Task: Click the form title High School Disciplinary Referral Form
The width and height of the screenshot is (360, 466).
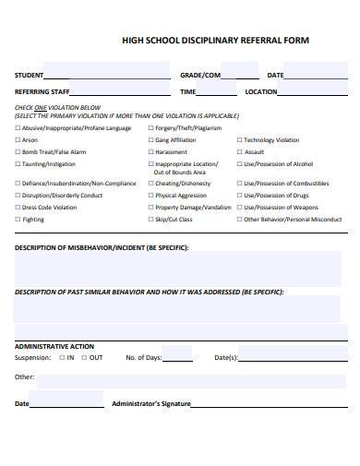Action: click(216, 41)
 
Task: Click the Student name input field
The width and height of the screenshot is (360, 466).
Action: click(108, 75)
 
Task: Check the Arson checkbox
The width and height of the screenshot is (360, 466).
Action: click(17, 140)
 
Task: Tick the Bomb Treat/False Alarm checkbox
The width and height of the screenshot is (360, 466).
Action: click(17, 151)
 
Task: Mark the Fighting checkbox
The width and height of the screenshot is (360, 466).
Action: click(17, 220)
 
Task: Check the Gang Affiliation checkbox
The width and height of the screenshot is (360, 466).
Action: click(150, 140)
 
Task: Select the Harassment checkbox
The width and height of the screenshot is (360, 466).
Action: click(150, 151)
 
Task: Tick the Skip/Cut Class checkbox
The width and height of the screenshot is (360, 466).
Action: click(150, 220)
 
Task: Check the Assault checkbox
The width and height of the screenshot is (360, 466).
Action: click(239, 151)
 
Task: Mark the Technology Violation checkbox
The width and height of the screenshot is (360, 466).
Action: click(239, 140)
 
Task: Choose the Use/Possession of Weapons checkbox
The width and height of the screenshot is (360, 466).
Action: click(239, 208)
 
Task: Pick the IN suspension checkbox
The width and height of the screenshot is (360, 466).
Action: click(61, 357)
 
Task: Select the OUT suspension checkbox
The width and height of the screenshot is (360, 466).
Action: click(84, 357)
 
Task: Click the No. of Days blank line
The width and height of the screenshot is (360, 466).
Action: click(178, 357)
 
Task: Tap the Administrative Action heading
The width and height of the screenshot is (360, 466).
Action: click(54, 345)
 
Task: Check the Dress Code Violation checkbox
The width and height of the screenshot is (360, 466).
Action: click(17, 208)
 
